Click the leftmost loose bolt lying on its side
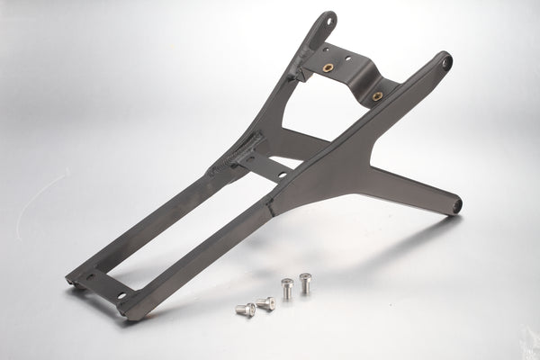tap(246, 310)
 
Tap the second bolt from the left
tap(265, 303)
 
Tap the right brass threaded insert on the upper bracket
tap(377, 95)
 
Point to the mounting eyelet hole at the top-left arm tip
tap(329, 20)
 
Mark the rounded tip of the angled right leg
tap(456, 206)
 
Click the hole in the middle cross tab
tap(282, 175)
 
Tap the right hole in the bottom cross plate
tap(121, 294)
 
